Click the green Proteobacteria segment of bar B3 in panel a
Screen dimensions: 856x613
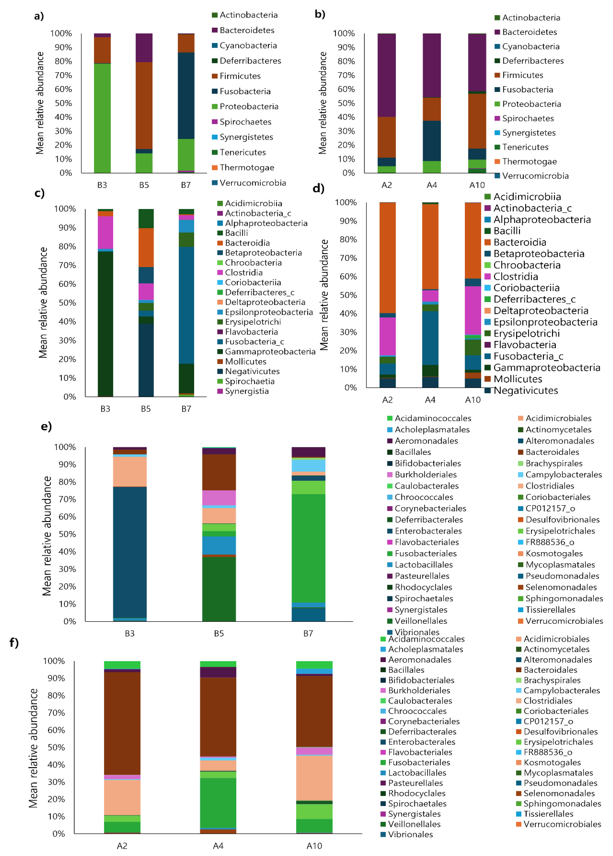click(x=102, y=118)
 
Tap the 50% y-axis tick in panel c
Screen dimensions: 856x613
click(x=67, y=303)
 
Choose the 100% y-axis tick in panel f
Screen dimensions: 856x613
click(x=54, y=661)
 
